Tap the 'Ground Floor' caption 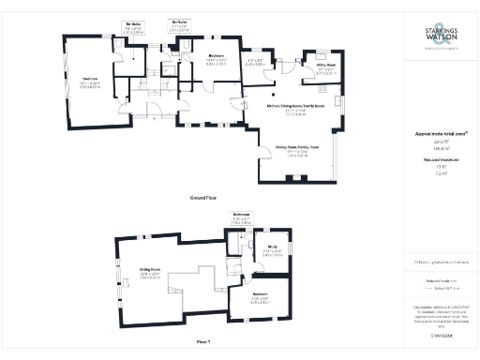pyautogui.click(x=204, y=199)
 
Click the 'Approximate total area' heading pyautogui.click(x=439, y=133)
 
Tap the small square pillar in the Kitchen pyautogui.click(x=272, y=95)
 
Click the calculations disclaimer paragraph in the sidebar pyautogui.click(x=439, y=313)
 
